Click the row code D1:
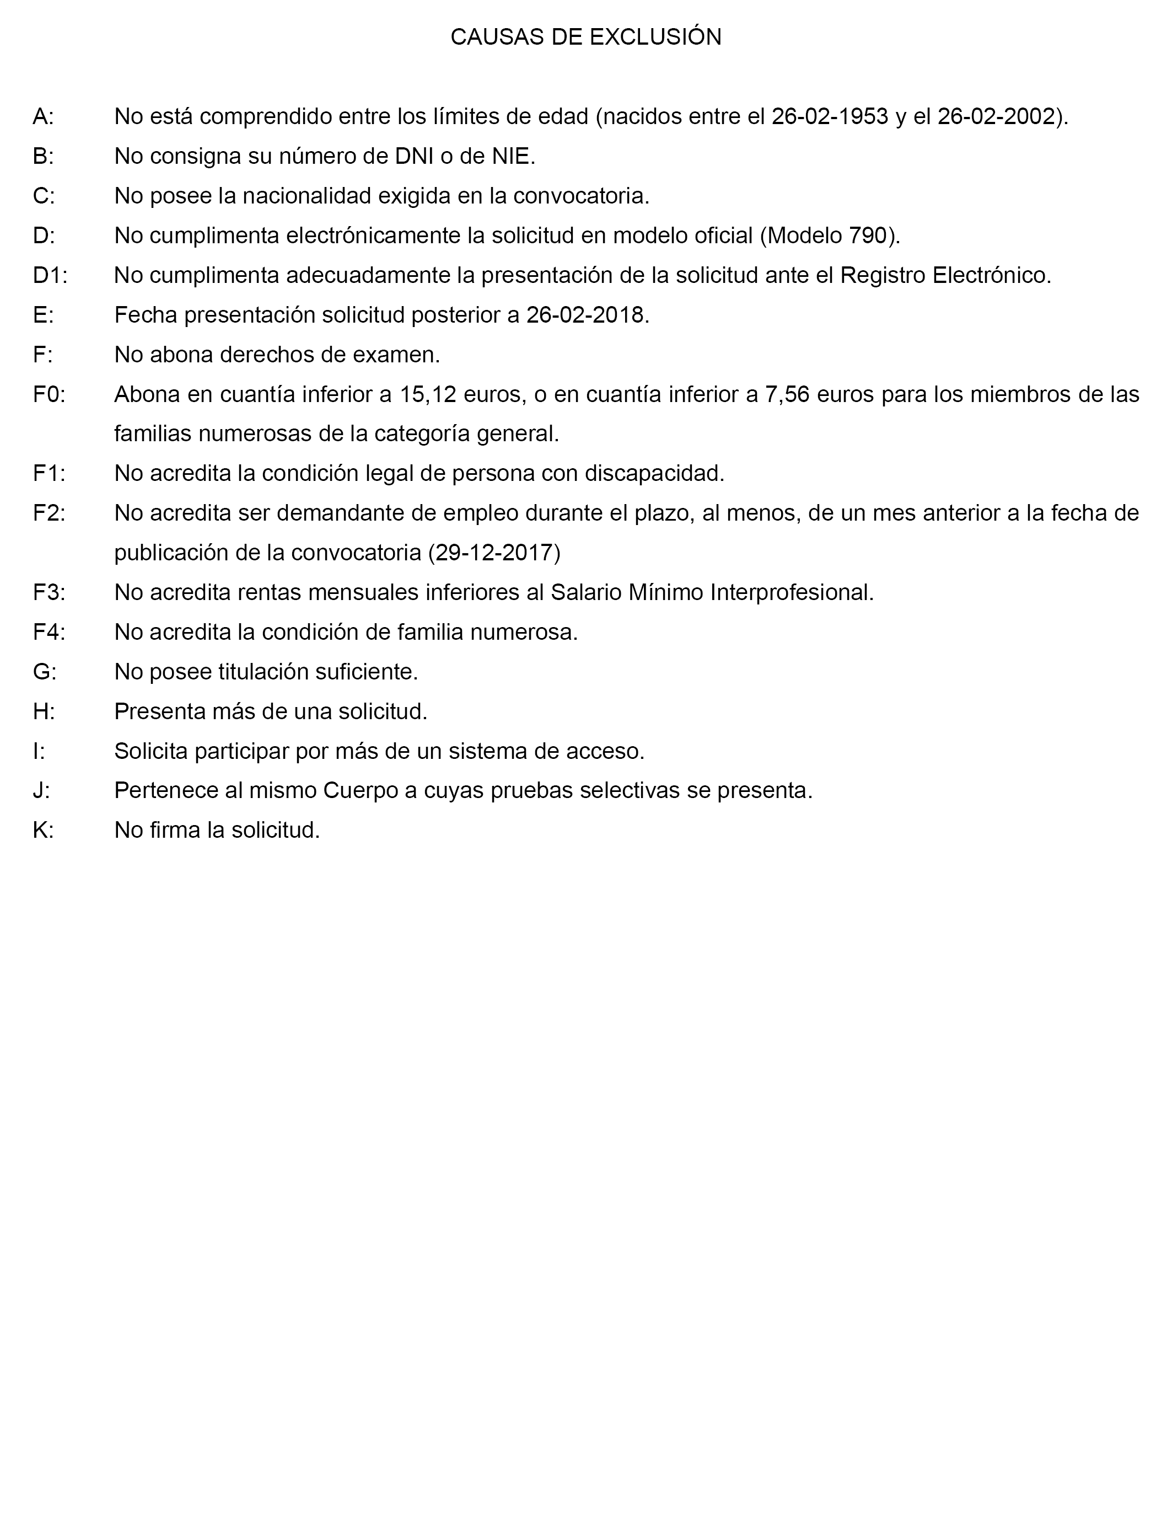pyautogui.click(x=50, y=276)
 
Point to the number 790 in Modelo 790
pyautogui.click(x=868, y=236)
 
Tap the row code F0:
pyautogui.click(x=49, y=395)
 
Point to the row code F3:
pyautogui.click(x=49, y=592)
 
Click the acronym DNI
pyautogui.click(x=413, y=156)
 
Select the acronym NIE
pyautogui.click(x=510, y=156)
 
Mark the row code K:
pyautogui.click(x=43, y=831)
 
